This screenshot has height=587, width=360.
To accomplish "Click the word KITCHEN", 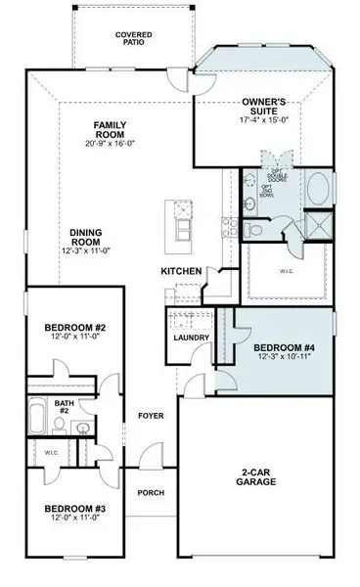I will click(x=182, y=271).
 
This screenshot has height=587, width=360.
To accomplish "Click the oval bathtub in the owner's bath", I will click(x=319, y=188).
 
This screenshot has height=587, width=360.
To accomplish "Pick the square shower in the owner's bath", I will click(x=317, y=227).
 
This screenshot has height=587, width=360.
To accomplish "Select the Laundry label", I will click(x=188, y=338).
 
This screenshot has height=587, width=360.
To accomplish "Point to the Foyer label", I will click(x=150, y=416).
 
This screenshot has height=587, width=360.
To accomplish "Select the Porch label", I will click(x=150, y=492).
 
